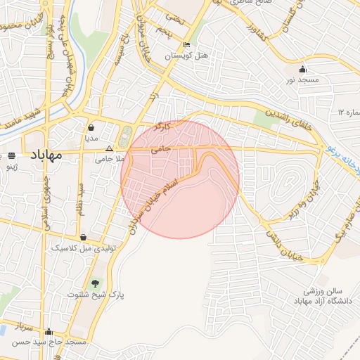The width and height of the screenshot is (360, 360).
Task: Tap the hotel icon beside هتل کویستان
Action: click(186, 45)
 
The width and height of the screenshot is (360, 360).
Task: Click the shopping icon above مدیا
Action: click(91, 128)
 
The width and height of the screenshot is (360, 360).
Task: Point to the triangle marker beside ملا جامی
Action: click(108, 149)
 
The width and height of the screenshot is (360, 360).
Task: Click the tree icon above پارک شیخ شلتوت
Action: click(96, 283)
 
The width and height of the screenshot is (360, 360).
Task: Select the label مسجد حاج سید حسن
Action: click(49, 342)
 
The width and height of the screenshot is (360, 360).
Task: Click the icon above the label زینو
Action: click(12, 155)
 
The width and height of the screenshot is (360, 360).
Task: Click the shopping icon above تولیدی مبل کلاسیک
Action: click(84, 238)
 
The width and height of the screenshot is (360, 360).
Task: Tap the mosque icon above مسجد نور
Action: click(303, 69)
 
